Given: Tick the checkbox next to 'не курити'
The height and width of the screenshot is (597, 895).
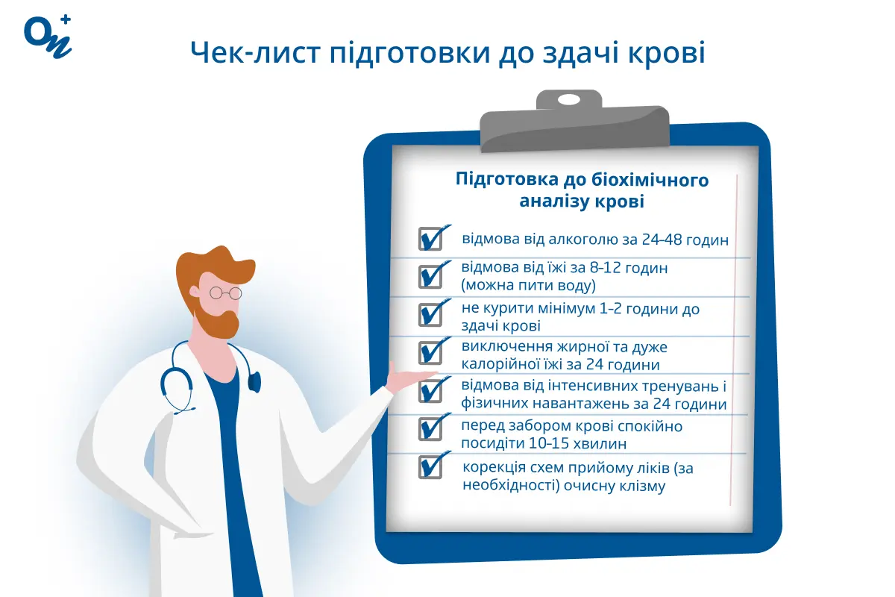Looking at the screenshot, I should [430, 314].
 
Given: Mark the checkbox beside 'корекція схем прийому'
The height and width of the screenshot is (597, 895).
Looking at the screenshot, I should [430, 467].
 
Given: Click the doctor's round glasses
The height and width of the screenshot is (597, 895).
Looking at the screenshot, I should [225, 293].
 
